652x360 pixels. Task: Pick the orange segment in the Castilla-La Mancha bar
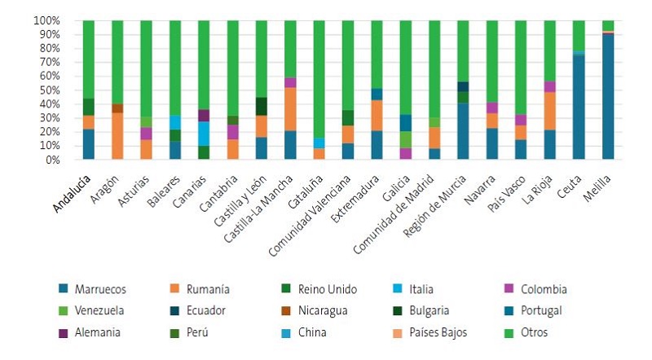[x=290, y=109]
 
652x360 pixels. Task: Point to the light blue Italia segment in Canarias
[x=204, y=134]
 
